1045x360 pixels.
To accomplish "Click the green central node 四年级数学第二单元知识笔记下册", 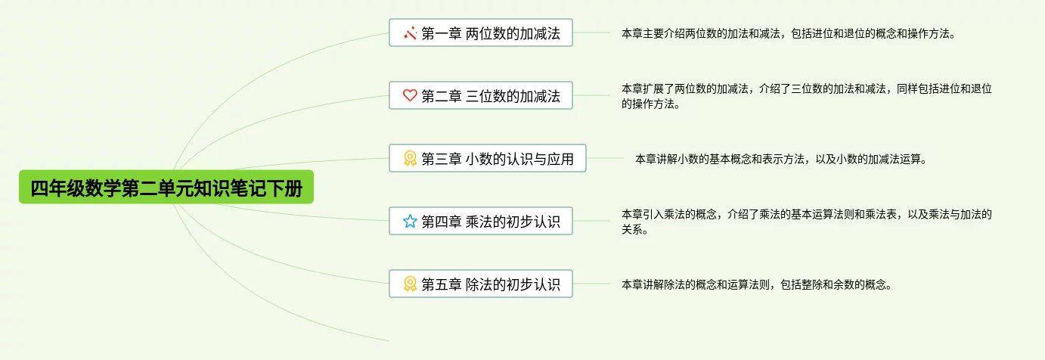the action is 166,187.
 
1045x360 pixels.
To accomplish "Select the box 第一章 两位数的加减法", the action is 480,33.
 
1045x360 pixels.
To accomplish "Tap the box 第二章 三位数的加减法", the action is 480,95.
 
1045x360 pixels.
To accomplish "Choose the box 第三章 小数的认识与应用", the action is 488,158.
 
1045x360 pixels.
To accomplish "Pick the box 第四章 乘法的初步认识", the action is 480,221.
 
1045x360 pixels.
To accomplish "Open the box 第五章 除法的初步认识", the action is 480,284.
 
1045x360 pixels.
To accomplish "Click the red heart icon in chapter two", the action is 410,95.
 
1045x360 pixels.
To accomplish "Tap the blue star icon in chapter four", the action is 410,221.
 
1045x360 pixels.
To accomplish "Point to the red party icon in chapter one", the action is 410,33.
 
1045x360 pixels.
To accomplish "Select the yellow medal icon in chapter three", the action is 410,158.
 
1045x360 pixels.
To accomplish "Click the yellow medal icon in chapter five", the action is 410,284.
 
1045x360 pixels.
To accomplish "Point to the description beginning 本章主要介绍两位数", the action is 789,33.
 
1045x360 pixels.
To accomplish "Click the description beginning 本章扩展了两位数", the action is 807,96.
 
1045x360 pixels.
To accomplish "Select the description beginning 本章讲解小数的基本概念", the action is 781,159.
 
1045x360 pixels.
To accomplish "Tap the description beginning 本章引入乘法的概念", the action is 807,222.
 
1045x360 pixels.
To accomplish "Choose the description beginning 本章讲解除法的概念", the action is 757,284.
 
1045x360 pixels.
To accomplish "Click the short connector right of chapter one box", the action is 591,33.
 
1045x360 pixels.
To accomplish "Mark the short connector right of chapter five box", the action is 591,284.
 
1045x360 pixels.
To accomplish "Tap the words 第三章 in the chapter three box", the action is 442,159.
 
